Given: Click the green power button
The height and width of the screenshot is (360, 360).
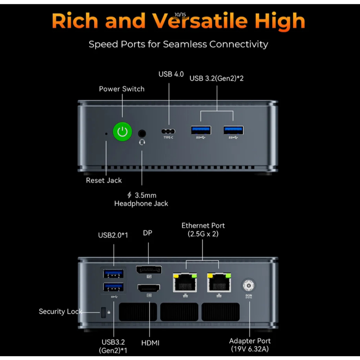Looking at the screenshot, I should pyautogui.click(x=122, y=132).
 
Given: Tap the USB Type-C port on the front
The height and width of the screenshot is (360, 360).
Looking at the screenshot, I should pyautogui.click(x=169, y=131).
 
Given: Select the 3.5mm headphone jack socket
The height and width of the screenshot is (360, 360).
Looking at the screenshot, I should pyautogui.click(x=142, y=134).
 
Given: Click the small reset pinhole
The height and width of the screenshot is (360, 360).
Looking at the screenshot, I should pyautogui.click(x=107, y=134).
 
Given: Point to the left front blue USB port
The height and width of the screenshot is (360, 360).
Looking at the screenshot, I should pyautogui.click(x=201, y=130).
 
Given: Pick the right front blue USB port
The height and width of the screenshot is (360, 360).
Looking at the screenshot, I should pyautogui.click(x=233, y=130).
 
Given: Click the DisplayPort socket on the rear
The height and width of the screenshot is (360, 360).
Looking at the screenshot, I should pyautogui.click(x=149, y=270).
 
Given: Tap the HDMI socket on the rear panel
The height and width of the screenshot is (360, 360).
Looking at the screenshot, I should pyautogui.click(x=148, y=288).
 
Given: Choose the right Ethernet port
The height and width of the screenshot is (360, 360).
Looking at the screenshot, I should pyautogui.click(x=219, y=282).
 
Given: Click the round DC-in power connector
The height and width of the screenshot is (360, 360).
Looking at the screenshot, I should pyautogui.click(x=249, y=285).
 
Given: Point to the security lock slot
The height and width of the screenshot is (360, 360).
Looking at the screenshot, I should pyautogui.click(x=103, y=312).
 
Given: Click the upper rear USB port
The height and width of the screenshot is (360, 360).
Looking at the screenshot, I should pyautogui.click(x=114, y=273).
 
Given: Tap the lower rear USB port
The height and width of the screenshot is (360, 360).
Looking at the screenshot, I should pyautogui.click(x=114, y=287).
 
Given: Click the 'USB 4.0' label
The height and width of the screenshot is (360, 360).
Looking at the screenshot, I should pyautogui.click(x=171, y=74).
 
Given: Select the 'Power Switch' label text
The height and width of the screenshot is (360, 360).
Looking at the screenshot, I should pyautogui.click(x=122, y=89).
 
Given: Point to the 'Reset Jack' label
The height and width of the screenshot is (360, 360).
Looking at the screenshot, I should pyautogui.click(x=104, y=180).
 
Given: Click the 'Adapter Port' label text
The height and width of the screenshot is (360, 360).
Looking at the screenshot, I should pyautogui.click(x=250, y=341).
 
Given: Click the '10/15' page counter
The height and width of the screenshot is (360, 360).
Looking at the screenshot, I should pyautogui.click(x=180, y=14).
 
